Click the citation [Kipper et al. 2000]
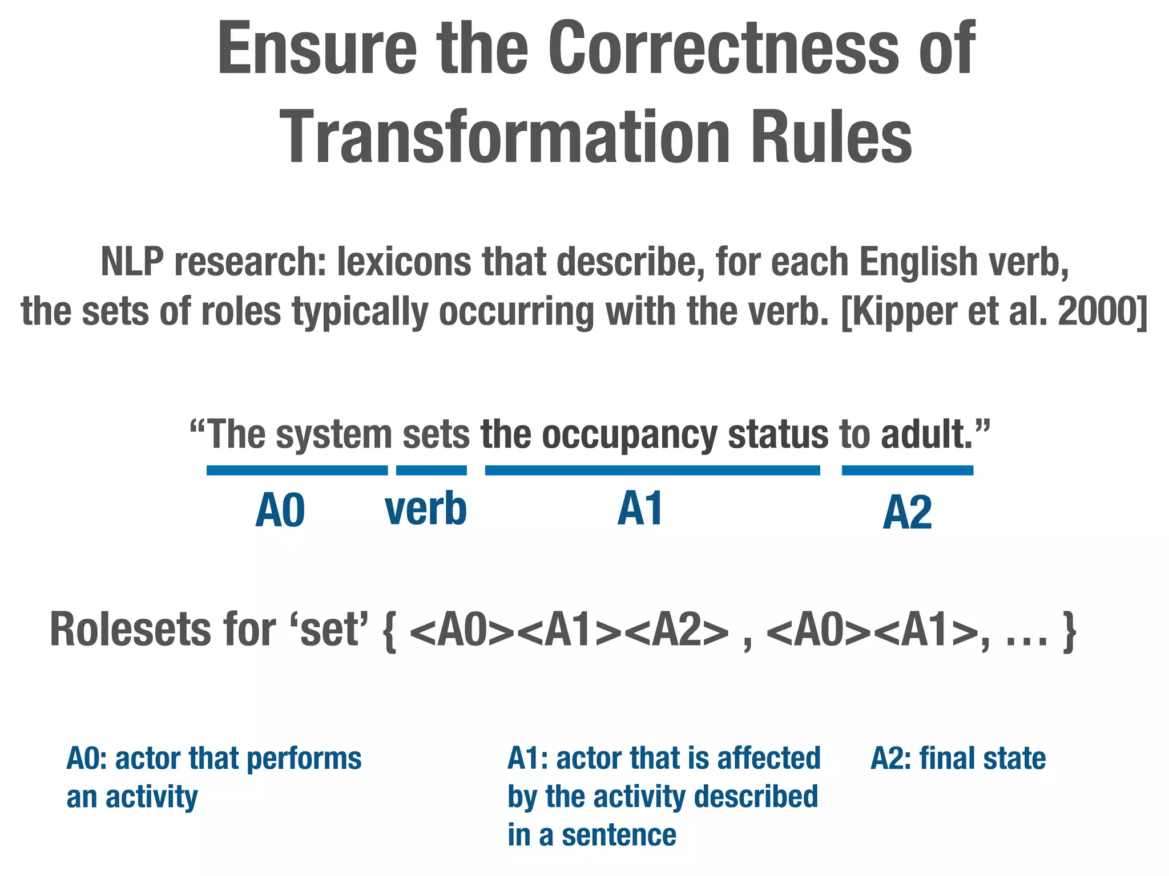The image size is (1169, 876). point(994,312)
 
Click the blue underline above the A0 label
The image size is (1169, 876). point(297,471)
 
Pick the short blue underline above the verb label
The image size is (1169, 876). point(431,471)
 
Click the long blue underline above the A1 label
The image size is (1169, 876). point(652,471)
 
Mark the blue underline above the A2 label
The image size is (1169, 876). point(907,471)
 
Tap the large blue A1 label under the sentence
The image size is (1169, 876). point(640,509)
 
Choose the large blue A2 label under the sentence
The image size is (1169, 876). point(907,513)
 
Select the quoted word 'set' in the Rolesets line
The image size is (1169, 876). point(330,630)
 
